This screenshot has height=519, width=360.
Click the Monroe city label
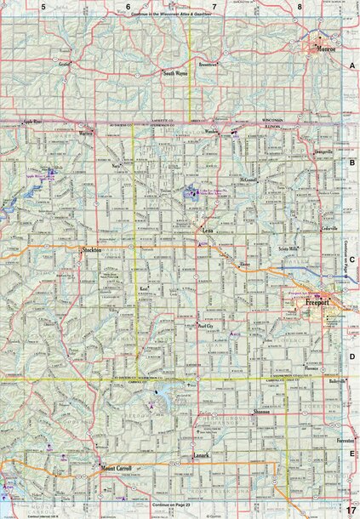[326, 50]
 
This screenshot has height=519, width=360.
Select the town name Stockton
[92, 250]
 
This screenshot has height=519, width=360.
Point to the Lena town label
[207, 230]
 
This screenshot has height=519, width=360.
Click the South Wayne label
[175, 74]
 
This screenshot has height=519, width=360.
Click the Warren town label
[85, 134]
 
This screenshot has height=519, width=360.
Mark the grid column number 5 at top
[42, 7]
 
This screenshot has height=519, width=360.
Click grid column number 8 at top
[300, 7]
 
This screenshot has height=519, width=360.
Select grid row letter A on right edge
[351, 65]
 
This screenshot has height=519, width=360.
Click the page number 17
[350, 509]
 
